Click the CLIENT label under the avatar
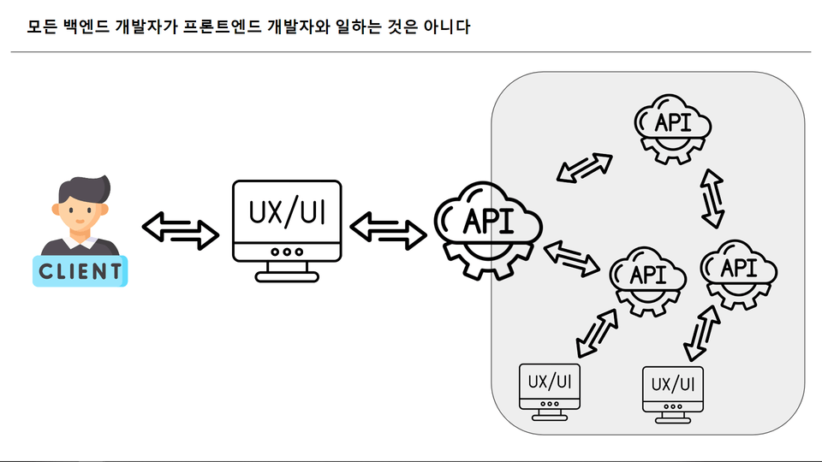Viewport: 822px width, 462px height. point(80,271)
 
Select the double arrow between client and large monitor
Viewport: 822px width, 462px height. point(180,228)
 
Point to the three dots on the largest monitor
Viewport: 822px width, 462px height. point(286,252)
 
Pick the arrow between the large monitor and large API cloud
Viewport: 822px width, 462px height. point(388,228)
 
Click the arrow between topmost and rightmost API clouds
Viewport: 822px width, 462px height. point(712,198)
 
